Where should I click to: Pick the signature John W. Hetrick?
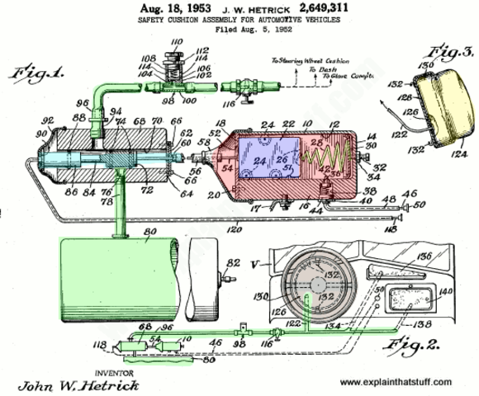pos(72,385)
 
